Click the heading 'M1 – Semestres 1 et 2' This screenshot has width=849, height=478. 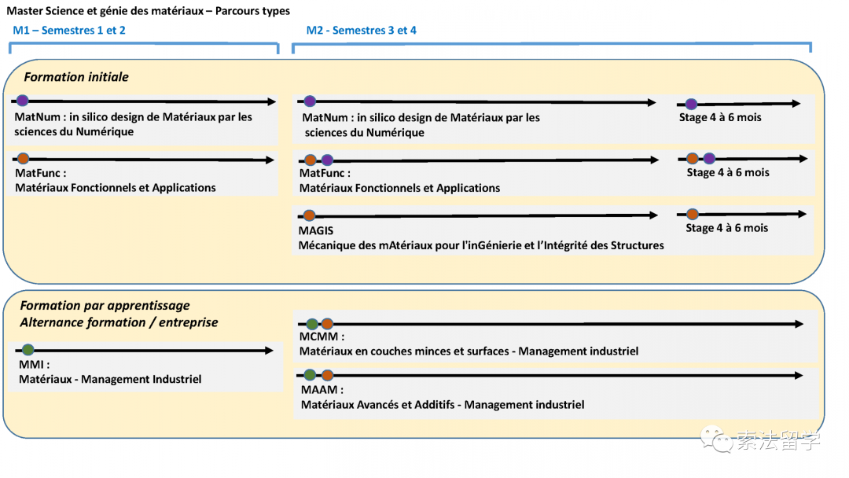(x=68, y=31)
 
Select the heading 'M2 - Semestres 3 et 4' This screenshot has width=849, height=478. (x=361, y=31)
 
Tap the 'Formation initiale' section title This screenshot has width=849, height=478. (x=76, y=77)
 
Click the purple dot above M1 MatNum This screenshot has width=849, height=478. (x=22, y=101)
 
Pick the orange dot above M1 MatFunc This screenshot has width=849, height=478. (x=23, y=159)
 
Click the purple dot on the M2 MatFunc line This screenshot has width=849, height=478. (x=327, y=160)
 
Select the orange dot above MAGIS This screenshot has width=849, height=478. (x=309, y=215)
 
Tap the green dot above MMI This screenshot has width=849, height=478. (x=28, y=350)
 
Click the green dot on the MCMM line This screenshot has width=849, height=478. (x=312, y=324)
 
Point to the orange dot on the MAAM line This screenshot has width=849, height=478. (x=327, y=375)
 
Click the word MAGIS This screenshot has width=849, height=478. (x=316, y=230)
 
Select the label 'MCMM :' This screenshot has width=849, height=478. (x=322, y=336)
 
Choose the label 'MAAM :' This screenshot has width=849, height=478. (x=322, y=390)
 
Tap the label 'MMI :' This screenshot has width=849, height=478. (x=34, y=365)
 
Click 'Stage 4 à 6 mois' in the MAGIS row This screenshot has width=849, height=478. (x=726, y=228)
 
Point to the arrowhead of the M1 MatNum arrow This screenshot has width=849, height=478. (x=272, y=101)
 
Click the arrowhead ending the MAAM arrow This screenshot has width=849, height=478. (x=799, y=376)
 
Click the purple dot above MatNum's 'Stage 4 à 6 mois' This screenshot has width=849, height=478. (x=691, y=104)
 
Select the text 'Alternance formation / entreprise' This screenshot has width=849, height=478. (x=119, y=322)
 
